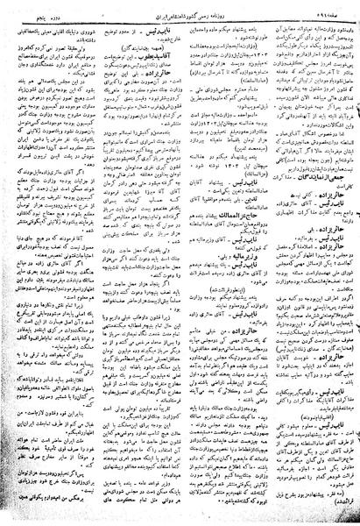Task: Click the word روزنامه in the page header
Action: [x=221, y=8]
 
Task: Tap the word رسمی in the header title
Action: [x=198, y=8]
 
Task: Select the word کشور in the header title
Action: [x=176, y=8]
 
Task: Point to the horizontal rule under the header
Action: [x=180, y=16]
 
